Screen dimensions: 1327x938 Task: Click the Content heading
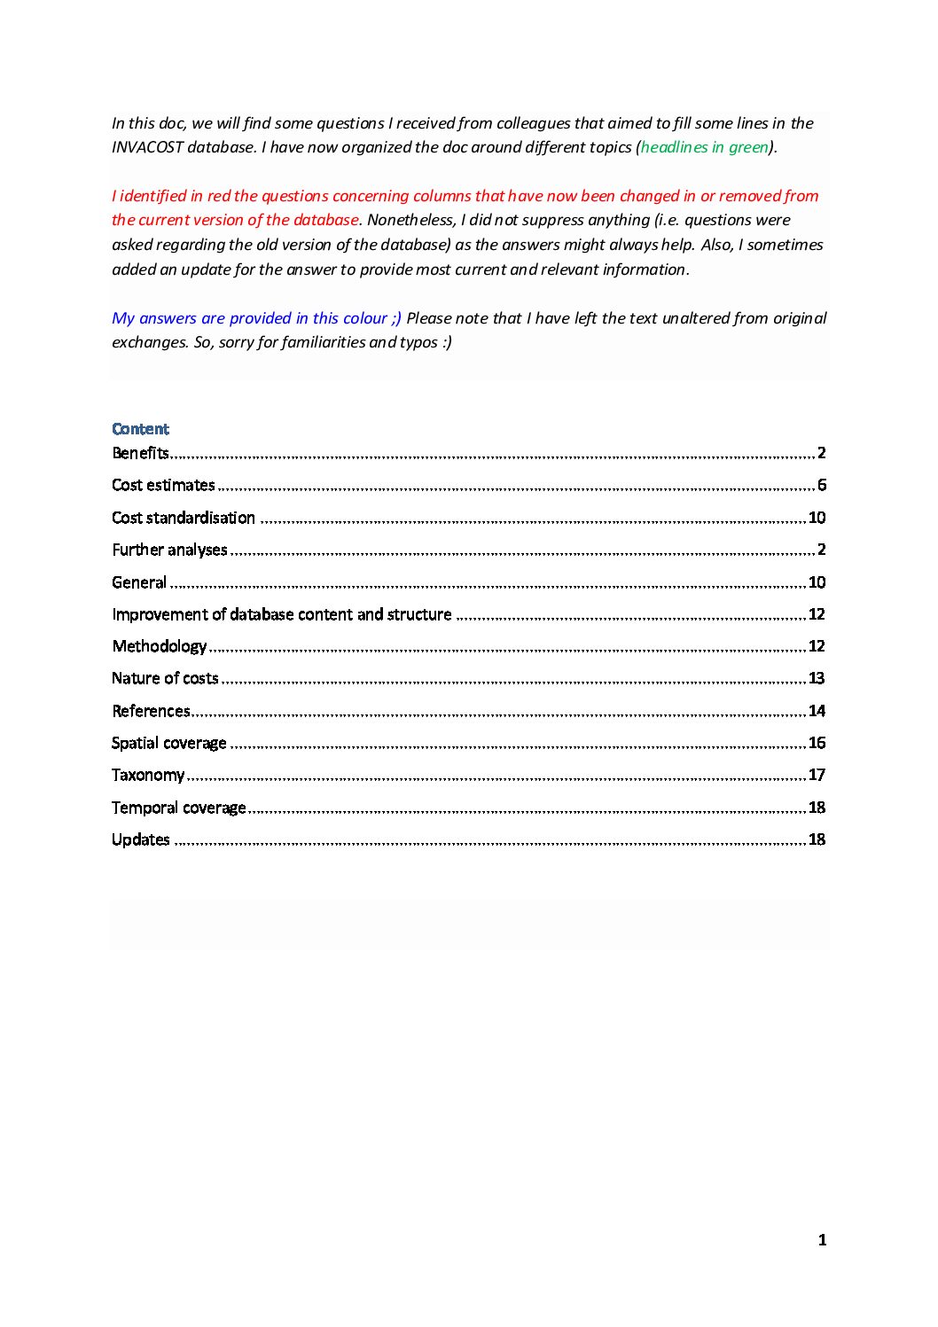140,429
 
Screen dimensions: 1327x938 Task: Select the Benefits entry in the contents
140,453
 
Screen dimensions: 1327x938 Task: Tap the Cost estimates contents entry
163,485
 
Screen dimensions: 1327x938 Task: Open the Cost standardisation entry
184,518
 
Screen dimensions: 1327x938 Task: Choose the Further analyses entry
169,550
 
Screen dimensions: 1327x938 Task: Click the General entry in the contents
139,582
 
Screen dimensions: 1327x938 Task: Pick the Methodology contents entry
160,646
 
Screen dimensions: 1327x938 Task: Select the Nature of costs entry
165,678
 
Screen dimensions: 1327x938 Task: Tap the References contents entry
151,711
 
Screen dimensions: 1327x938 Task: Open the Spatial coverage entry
169,743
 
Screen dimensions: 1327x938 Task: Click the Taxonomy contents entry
148,775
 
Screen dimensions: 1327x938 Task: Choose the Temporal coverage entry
179,808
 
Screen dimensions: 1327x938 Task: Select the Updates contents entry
141,839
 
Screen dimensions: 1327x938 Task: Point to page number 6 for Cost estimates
822,485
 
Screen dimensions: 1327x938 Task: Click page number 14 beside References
817,711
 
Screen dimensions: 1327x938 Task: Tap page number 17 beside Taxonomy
817,775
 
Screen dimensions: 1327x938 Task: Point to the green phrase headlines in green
704,147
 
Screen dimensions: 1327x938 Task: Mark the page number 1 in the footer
822,1240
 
